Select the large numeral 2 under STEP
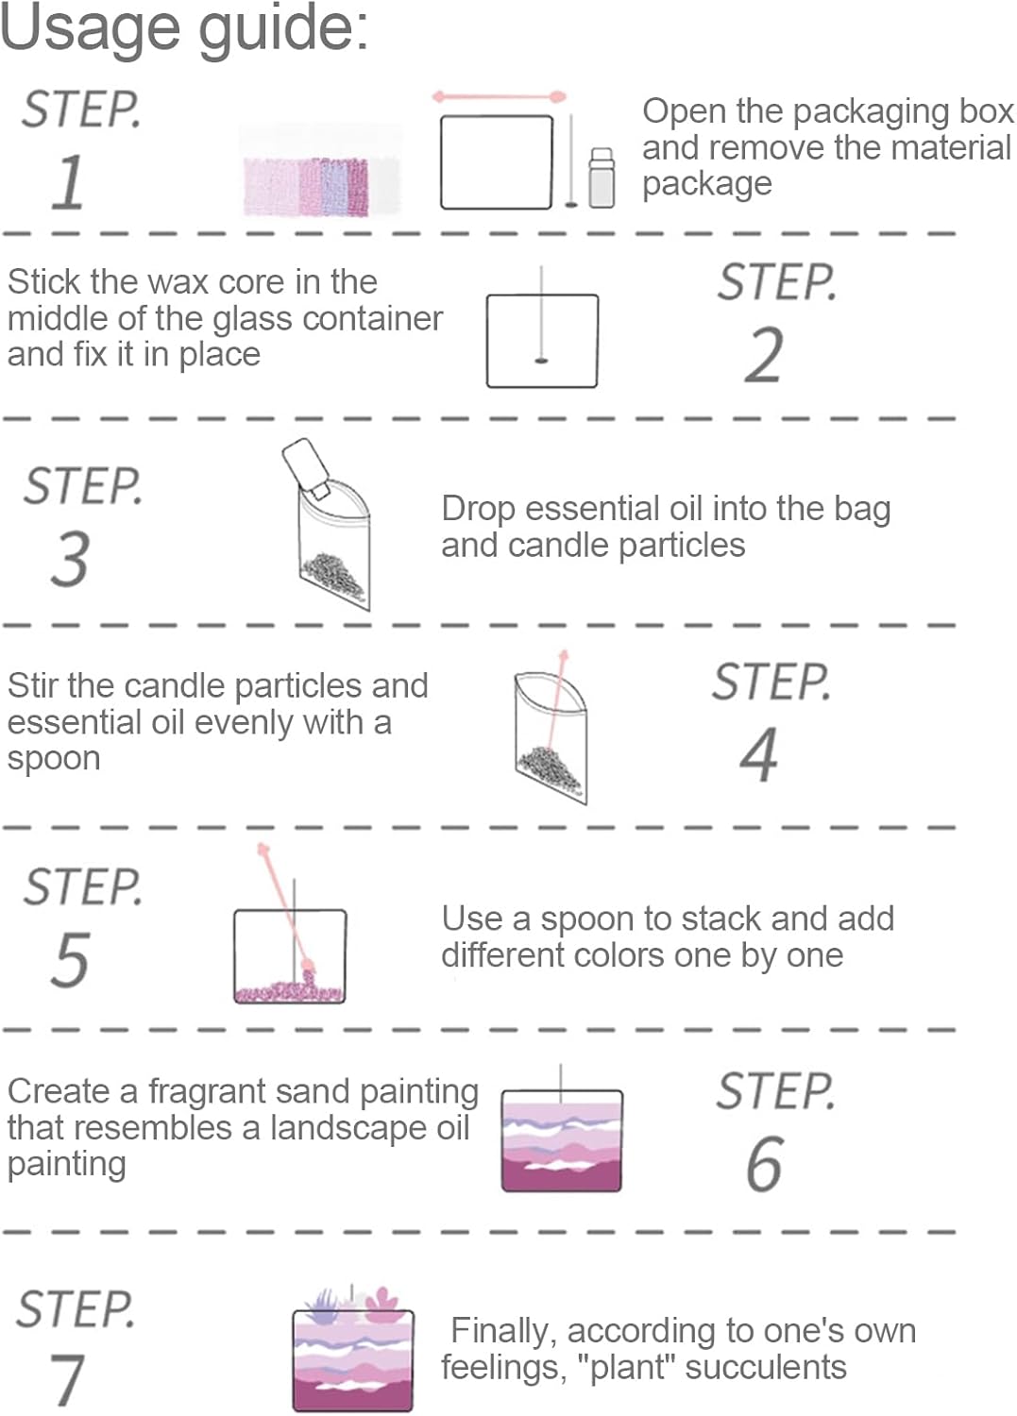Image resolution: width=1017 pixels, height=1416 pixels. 764,355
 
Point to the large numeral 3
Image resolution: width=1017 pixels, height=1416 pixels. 70,558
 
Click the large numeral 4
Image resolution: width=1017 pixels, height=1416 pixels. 759,754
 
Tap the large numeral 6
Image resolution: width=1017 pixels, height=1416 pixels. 764,1164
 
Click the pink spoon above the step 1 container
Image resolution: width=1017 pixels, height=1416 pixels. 499,97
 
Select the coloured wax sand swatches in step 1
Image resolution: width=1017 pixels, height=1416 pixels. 321,185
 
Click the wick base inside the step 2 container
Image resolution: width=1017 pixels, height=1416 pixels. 541,361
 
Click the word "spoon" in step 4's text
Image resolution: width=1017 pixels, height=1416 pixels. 54,759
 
